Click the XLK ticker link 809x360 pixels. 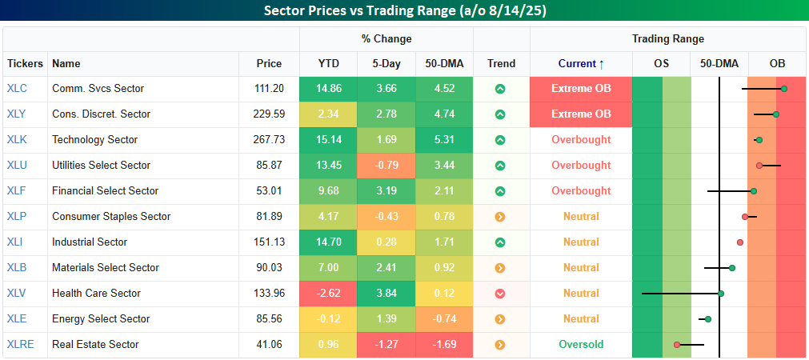pyautogui.click(x=17, y=140)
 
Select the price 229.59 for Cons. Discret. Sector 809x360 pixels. pyautogui.click(x=269, y=114)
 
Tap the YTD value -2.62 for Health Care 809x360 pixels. pyautogui.click(x=329, y=294)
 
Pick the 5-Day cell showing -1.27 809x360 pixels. pyautogui.click(x=386, y=345)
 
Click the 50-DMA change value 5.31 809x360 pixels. pyautogui.click(x=444, y=140)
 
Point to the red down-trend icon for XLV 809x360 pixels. pyautogui.click(x=500, y=294)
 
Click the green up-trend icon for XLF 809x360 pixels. pyautogui.click(x=500, y=191)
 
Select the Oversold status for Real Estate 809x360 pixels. pyautogui.click(x=580, y=345)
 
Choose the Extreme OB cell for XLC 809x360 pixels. pyautogui.click(x=580, y=89)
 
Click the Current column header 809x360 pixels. pyautogui.click(x=580, y=63)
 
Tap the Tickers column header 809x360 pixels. pyautogui.click(x=25, y=63)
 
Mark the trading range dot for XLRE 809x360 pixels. pyautogui.click(x=677, y=345)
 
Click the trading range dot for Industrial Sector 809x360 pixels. pyautogui.click(x=740, y=242)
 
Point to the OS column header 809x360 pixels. pyautogui.click(x=660, y=63)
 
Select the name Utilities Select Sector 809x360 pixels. pyautogui.click(x=101, y=166)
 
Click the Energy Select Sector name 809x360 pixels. pyautogui.click(x=101, y=319)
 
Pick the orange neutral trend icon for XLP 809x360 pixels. pyautogui.click(x=500, y=217)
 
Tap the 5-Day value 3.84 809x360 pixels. pyautogui.click(x=386, y=294)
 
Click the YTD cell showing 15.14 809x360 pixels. pyautogui.click(x=329, y=140)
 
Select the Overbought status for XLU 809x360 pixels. pyautogui.click(x=580, y=166)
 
